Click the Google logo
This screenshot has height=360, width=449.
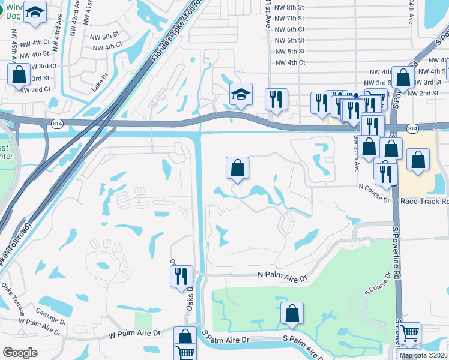coord(20,353)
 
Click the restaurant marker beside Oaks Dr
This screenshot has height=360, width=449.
coord(181,277)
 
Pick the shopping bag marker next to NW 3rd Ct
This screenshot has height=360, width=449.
coord(19,75)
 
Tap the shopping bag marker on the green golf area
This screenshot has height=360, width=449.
coord(292,314)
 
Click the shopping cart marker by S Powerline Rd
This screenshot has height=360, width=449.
coord(410,334)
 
